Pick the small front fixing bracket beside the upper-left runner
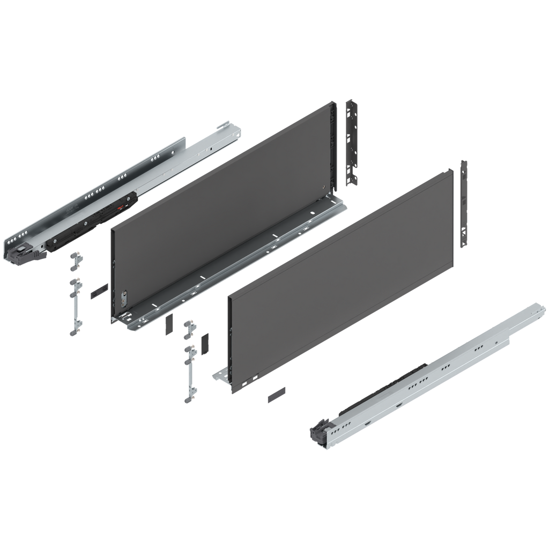[x=75, y=261]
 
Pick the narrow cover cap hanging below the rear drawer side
[x=168, y=324]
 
